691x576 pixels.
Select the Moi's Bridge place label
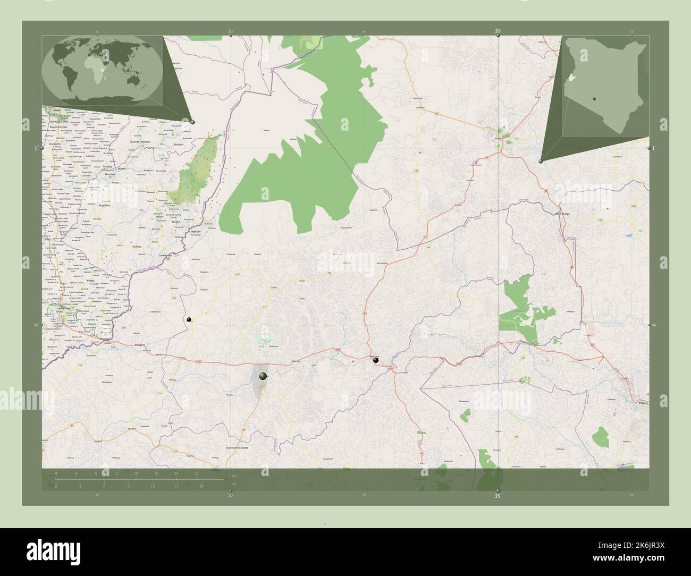[x=562, y=214]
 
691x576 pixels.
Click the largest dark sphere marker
[x=262, y=376]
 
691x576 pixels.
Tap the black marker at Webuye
[x=376, y=361]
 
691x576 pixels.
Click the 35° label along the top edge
[x=498, y=31]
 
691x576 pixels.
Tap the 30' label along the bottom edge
[x=231, y=496]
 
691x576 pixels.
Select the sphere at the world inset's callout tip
[x=192, y=122]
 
